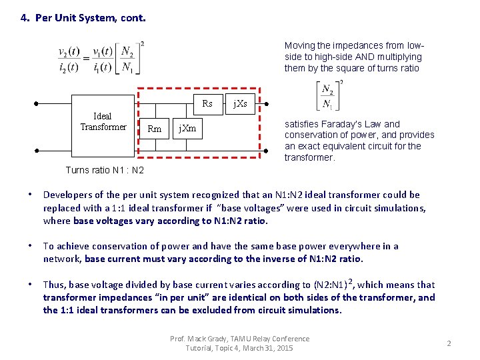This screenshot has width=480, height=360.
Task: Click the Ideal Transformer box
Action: pos(103,122)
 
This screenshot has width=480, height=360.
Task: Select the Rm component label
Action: pos(154,129)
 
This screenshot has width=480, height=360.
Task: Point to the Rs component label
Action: pos(207,103)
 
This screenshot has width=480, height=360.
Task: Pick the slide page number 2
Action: pos(449,343)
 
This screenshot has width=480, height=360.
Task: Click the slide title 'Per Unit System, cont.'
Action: pos(83,18)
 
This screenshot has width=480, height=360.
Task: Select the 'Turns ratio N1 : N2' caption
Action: pos(105,170)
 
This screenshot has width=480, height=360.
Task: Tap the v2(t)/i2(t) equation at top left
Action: pos(101,59)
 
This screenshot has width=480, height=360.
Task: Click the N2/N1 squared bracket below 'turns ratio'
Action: pos(329,96)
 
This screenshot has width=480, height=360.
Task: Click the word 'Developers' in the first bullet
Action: pos(65,195)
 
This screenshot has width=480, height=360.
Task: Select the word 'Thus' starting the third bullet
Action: pos(54,285)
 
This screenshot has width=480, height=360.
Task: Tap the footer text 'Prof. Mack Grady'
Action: pos(199,339)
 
